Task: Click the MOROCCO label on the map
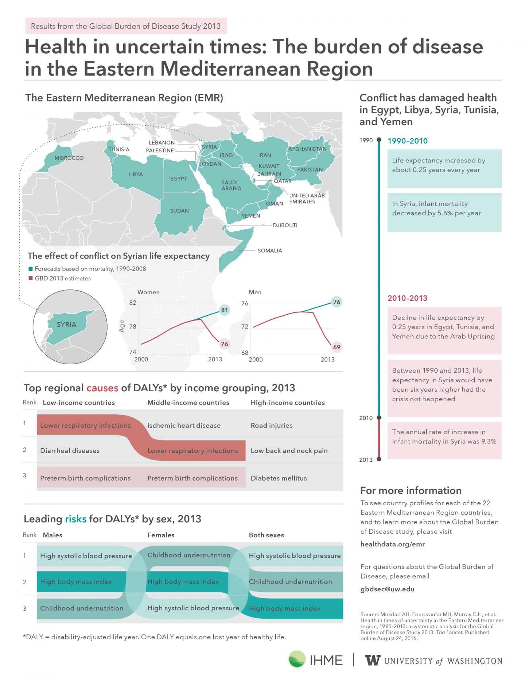pos(69,158)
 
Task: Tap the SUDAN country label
pos(179,211)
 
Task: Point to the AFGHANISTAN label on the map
pos(307,149)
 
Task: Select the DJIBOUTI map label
pos(285,225)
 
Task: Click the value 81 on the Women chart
pos(225,311)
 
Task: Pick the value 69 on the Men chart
pos(337,347)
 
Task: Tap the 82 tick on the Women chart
pos(133,303)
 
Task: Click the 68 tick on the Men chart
pos(245,353)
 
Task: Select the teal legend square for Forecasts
pos(31,269)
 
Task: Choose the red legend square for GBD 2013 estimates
pos(31,278)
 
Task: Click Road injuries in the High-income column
pos(272,426)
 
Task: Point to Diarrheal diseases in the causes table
pos(70,451)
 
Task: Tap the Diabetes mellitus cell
pos(279,478)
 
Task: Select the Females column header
pos(161,535)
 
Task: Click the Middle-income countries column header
pos(188,403)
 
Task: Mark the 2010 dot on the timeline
pos(379,418)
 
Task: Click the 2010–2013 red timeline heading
pos(407,298)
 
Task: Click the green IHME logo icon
pos(297,660)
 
